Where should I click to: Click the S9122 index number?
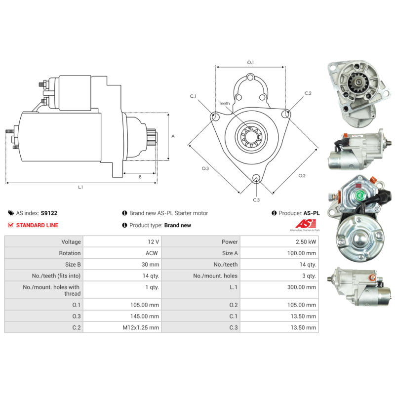(x=49, y=213)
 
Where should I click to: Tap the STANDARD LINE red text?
(x=38, y=225)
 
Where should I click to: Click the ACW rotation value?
(x=152, y=253)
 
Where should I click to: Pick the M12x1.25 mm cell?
(x=141, y=327)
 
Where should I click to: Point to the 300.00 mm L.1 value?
(x=302, y=287)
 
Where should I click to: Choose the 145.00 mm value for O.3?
(x=145, y=316)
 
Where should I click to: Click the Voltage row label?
(x=71, y=242)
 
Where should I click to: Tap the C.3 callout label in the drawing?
(x=256, y=200)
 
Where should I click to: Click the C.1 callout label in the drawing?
(x=193, y=96)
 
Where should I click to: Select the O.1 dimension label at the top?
(x=250, y=63)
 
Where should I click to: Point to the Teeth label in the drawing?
(x=224, y=104)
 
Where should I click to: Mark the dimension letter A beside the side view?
(x=173, y=136)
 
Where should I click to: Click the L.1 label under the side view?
(x=80, y=187)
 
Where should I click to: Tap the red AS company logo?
(x=306, y=224)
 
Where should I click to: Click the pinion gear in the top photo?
(x=355, y=82)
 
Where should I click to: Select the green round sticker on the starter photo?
(x=359, y=195)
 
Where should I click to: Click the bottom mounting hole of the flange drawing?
(x=256, y=178)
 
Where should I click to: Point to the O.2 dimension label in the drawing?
(x=302, y=176)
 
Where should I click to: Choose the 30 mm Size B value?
(x=151, y=265)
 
